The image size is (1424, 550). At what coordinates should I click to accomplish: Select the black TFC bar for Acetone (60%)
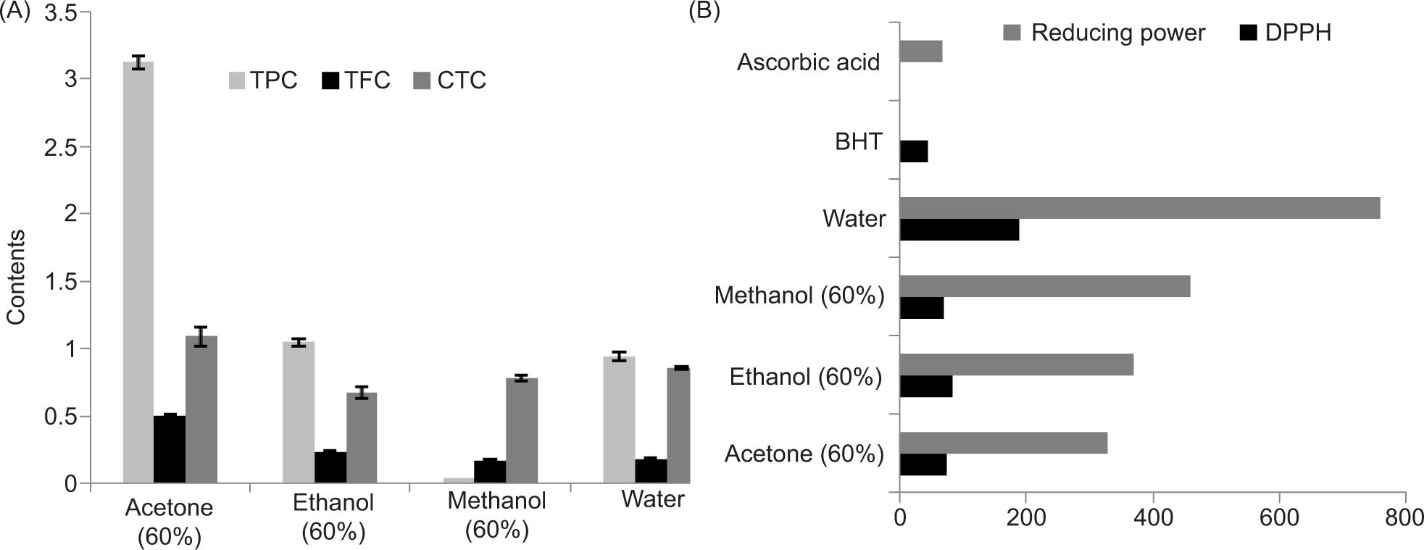coord(170,449)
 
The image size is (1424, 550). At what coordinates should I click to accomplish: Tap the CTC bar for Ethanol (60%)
coord(362,438)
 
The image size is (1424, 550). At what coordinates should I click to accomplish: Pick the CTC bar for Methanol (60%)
coord(521,430)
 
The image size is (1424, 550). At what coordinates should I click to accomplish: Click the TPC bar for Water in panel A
coord(619,420)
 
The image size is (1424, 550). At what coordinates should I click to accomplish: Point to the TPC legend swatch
coord(237,80)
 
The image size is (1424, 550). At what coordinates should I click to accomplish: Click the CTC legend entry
coord(449,80)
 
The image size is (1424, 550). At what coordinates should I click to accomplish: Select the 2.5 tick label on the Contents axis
coord(61,147)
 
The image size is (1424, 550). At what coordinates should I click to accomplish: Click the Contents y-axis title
coord(16,278)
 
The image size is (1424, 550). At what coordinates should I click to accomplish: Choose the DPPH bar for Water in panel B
coord(959,230)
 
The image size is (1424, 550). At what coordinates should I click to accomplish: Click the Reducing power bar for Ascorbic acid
coord(920,51)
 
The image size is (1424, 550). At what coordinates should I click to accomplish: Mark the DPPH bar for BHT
coord(913,151)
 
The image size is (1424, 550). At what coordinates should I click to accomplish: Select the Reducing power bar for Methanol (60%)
coord(1044,286)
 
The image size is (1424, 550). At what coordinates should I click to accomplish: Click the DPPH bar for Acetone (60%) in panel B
coord(923,464)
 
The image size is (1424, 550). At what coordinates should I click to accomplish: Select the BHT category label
coord(859,141)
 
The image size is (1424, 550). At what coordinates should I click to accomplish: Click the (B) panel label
coord(704,12)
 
